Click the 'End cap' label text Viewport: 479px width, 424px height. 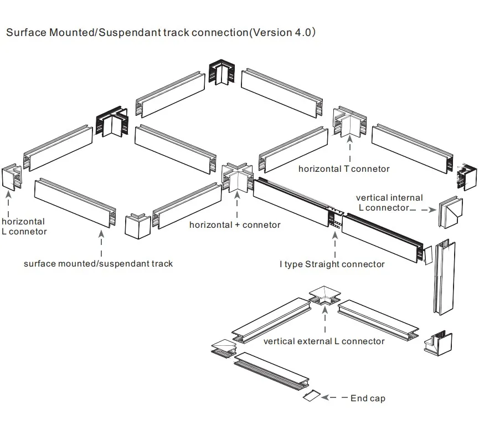[368, 398]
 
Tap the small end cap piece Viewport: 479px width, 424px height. [311, 395]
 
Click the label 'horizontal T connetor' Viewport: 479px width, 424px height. [344, 168]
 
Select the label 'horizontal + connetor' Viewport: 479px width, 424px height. [235, 224]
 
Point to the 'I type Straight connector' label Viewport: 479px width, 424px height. [332, 264]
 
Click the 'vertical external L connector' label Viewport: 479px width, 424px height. [324, 341]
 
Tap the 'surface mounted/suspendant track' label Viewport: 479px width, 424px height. [98, 263]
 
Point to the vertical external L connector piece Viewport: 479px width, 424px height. [325, 297]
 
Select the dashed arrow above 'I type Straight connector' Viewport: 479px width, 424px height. [334, 243]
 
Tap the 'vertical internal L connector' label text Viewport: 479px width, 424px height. [389, 202]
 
